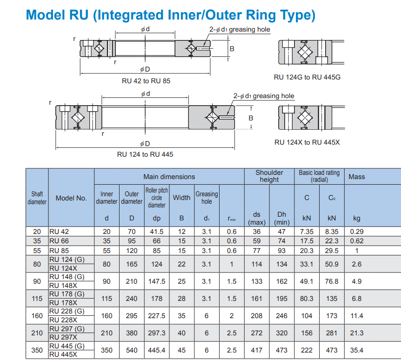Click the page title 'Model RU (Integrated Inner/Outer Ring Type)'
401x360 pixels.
[171, 15]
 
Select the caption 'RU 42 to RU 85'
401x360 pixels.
[146, 81]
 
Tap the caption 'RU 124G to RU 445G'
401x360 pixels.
[307, 77]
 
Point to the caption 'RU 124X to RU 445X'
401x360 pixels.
[307, 142]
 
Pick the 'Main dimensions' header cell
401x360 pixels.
[169, 177]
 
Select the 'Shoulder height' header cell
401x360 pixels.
[269, 176]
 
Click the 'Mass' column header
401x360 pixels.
[357, 177]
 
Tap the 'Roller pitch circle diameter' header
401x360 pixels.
[157, 198]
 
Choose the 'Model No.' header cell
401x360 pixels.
[71, 198]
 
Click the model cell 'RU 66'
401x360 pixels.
[59, 241]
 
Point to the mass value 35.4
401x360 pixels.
[357, 350]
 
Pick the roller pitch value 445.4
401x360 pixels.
[157, 350]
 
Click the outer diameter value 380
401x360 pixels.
[132, 333]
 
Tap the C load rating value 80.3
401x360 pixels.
[307, 299]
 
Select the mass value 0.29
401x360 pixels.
[357, 232]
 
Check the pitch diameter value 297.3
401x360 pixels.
[157, 333]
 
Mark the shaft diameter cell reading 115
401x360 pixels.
[37, 299]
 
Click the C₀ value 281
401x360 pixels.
[332, 333]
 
